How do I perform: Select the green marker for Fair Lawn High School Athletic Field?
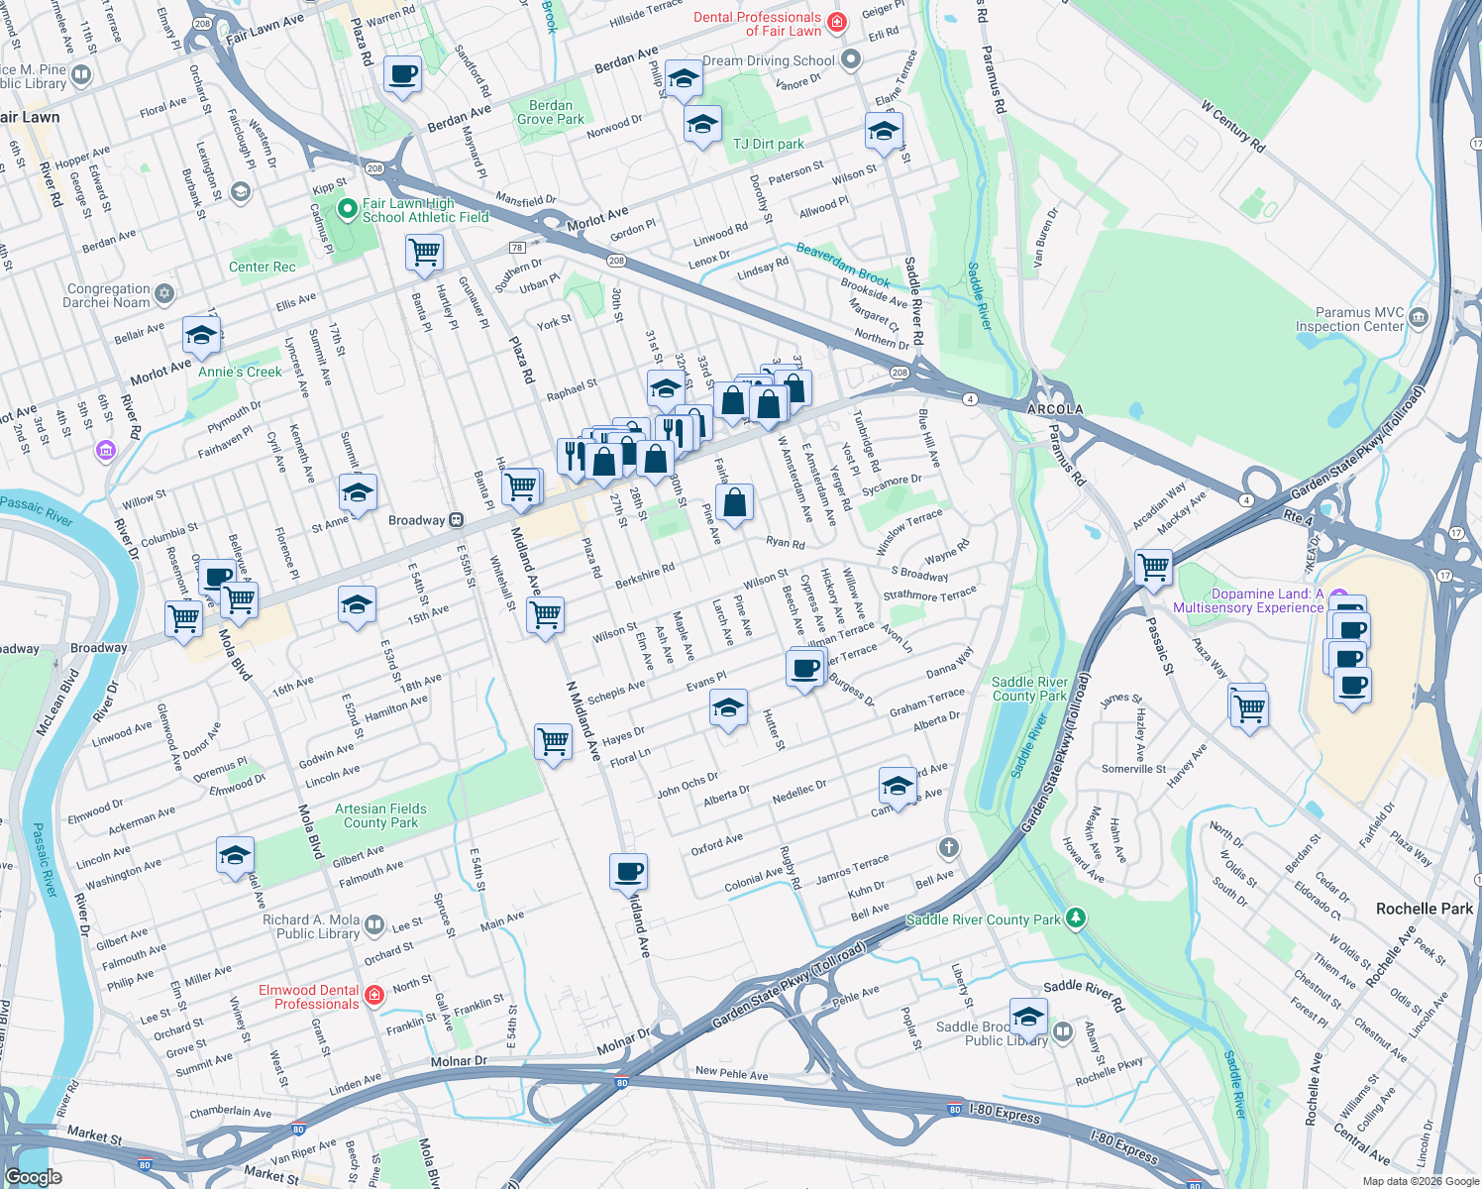pyautogui.click(x=347, y=209)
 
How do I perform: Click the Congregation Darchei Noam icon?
pyautogui.click(x=164, y=294)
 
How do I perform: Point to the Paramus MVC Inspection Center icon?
pyautogui.click(x=1419, y=318)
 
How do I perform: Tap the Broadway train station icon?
pyautogui.click(x=456, y=520)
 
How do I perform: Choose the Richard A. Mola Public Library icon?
pyautogui.click(x=374, y=925)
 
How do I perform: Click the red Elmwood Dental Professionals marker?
pyautogui.click(x=373, y=996)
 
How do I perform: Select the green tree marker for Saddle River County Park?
pyautogui.click(x=1075, y=919)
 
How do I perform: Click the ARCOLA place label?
pyautogui.click(x=1054, y=409)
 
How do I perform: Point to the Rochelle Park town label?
pyautogui.click(x=1424, y=909)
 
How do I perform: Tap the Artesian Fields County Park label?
pyautogui.click(x=380, y=815)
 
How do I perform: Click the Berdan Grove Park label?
pyautogui.click(x=550, y=112)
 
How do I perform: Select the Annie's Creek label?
pyautogui.click(x=240, y=372)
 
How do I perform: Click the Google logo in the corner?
pyautogui.click(x=34, y=1176)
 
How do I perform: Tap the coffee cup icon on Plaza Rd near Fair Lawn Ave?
pyautogui.click(x=403, y=74)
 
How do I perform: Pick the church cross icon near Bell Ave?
pyautogui.click(x=948, y=847)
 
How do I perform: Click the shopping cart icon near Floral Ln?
pyautogui.click(x=553, y=740)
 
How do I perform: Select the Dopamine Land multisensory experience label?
pyautogui.click(x=1248, y=600)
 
